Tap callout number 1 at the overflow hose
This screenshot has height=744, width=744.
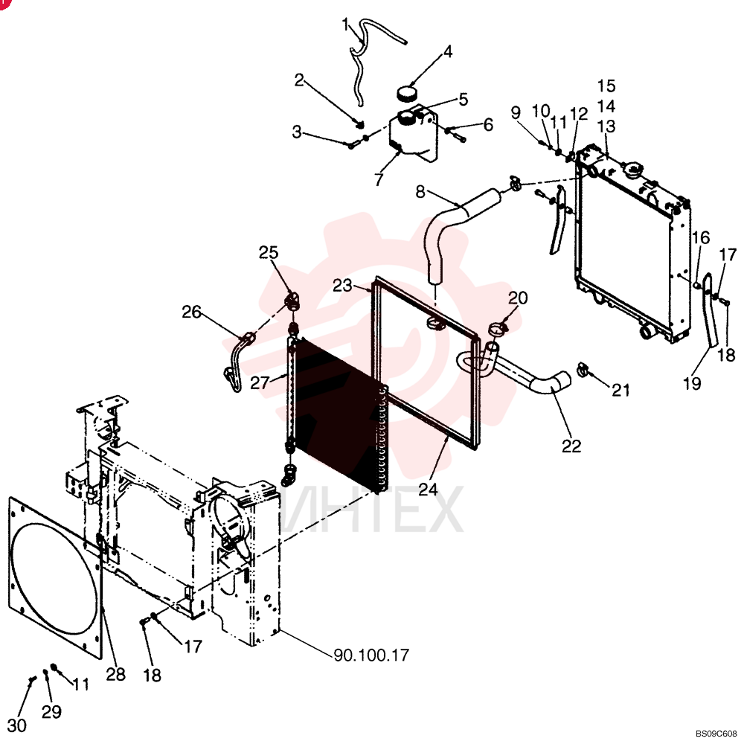tap(345, 25)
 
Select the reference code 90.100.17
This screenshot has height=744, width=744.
tap(371, 655)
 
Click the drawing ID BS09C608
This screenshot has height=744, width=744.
tap(716, 734)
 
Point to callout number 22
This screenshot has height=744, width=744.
tap(571, 446)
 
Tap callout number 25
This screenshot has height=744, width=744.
tap(268, 252)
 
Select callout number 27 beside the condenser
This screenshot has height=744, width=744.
tap(260, 382)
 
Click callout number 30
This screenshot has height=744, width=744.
tap(17, 725)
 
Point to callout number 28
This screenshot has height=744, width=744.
tap(115, 674)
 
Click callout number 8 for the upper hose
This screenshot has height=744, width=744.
tap(420, 192)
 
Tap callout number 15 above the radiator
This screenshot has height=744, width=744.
tap(606, 86)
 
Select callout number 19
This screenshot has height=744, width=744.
tap(692, 383)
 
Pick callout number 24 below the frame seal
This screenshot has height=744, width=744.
tap(428, 490)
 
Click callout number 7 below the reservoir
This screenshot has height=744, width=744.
tap(378, 179)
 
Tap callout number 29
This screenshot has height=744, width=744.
tap(51, 711)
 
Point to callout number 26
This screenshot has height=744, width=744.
tap(192, 312)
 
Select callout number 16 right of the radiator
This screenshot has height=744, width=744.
tap(700, 237)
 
